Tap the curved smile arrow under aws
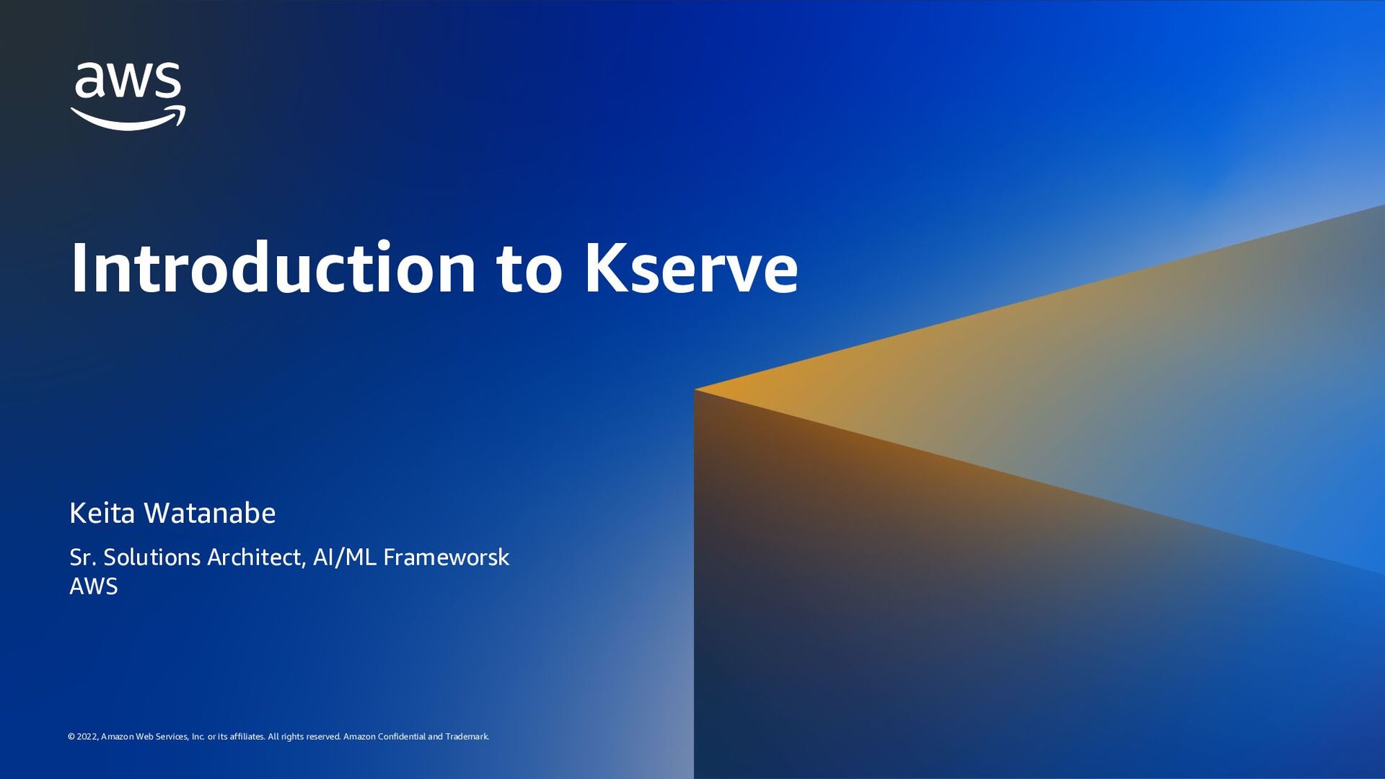[128, 120]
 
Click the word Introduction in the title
[273, 268]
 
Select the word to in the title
[529, 268]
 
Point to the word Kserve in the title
[690, 268]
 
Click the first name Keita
[102, 513]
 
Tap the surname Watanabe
[209, 513]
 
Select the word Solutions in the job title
[152, 557]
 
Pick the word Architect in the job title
[257, 557]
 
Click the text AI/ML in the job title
[345, 557]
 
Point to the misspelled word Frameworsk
[446, 557]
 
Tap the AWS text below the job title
[93, 586]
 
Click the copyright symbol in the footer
[71, 736]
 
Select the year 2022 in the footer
[87, 736]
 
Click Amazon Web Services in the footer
[144, 736]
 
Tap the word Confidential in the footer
[401, 736]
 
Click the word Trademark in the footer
[467, 736]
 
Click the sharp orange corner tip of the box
[697, 390]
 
